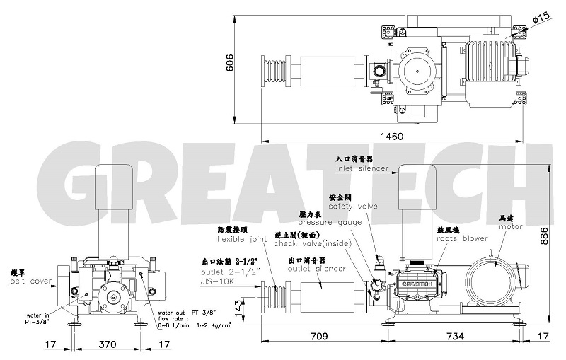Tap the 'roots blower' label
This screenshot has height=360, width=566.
461,238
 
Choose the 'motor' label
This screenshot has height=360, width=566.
510,226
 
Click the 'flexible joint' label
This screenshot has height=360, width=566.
242,239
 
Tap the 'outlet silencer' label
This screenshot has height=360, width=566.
317,268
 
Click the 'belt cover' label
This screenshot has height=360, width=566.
30,281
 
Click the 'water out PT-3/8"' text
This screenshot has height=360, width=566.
186,312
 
